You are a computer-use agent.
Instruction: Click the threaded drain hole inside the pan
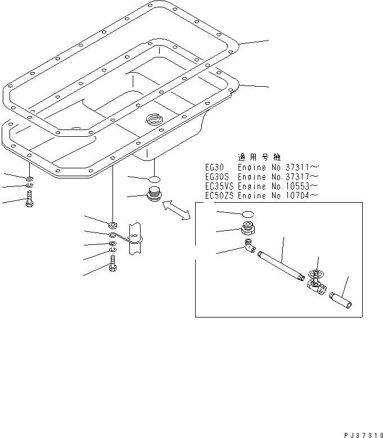(154, 119)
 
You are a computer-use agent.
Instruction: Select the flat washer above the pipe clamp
(112, 225)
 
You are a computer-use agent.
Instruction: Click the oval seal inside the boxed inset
(247, 214)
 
